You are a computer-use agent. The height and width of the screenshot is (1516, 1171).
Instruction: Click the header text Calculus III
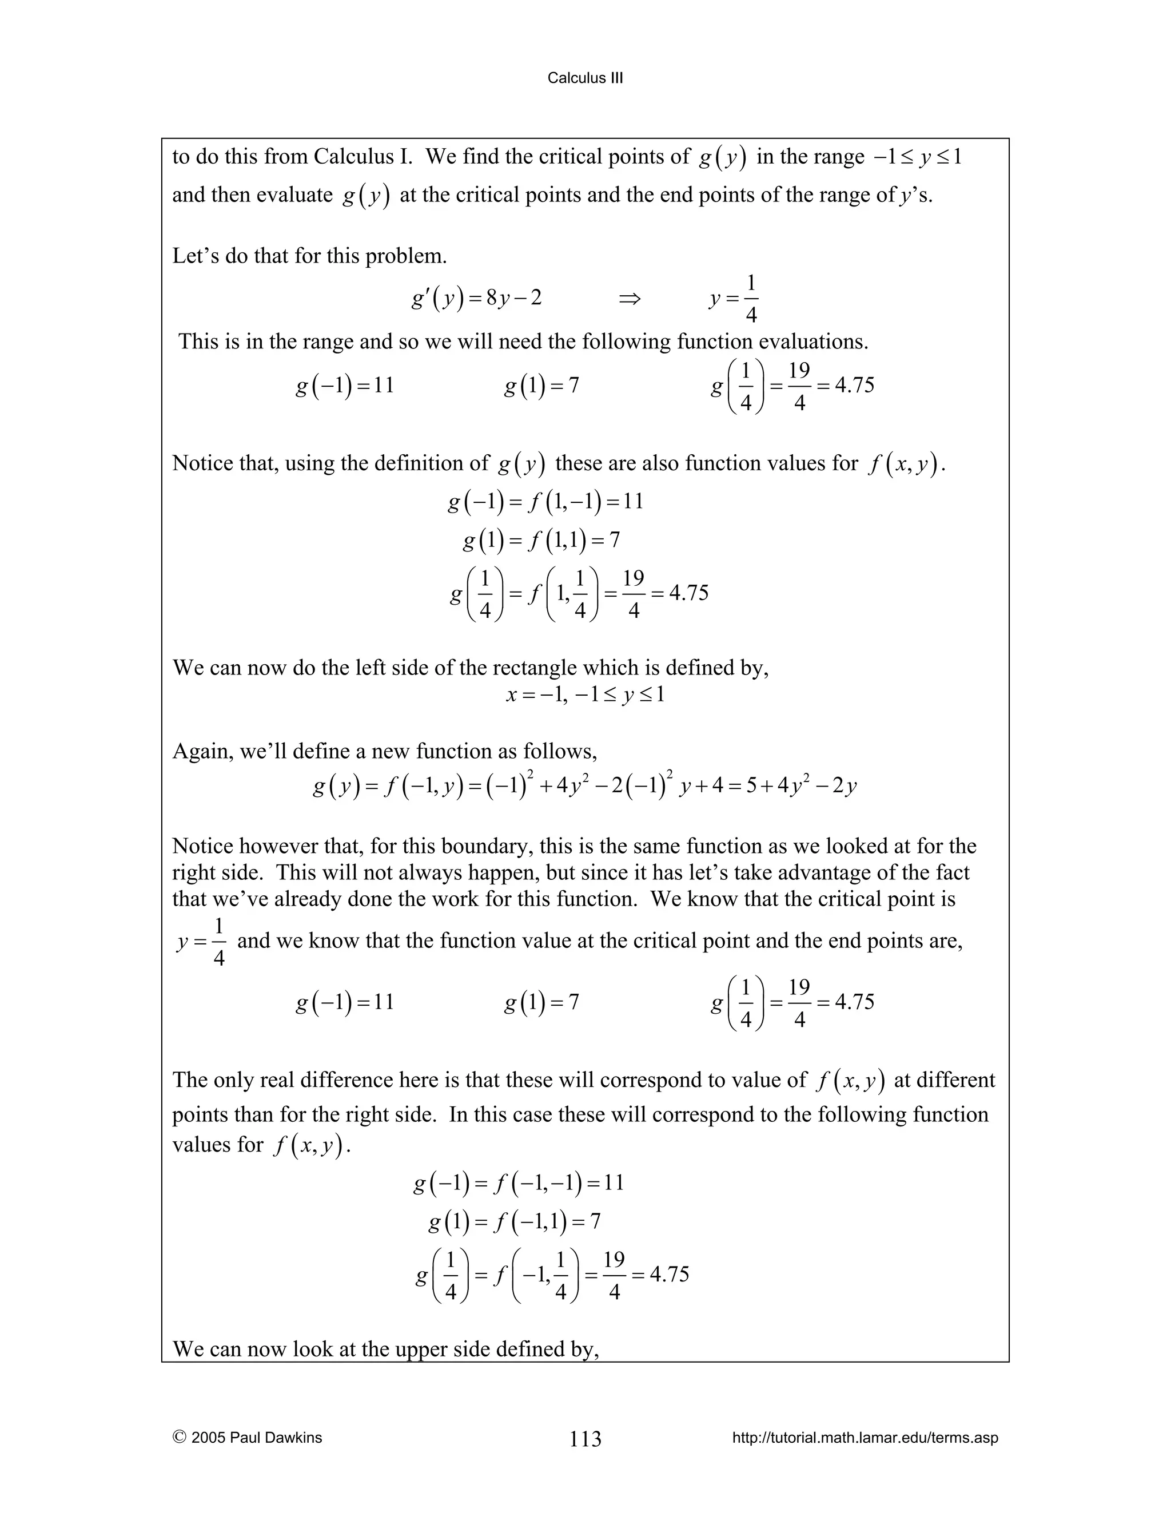point(585,78)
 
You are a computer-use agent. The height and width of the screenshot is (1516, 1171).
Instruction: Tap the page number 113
point(585,1438)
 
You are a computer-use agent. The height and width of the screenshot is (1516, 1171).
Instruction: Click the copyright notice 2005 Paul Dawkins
point(248,1438)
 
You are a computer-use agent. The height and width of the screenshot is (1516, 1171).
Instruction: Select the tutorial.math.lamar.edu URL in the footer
point(865,1438)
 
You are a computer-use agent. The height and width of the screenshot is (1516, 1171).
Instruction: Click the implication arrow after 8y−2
point(629,299)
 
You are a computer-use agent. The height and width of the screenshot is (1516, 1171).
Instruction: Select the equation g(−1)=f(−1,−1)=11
point(518,1183)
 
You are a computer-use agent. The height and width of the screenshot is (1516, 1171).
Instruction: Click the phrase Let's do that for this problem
point(309,256)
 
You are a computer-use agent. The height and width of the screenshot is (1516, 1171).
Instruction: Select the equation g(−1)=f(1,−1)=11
point(545,501)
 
